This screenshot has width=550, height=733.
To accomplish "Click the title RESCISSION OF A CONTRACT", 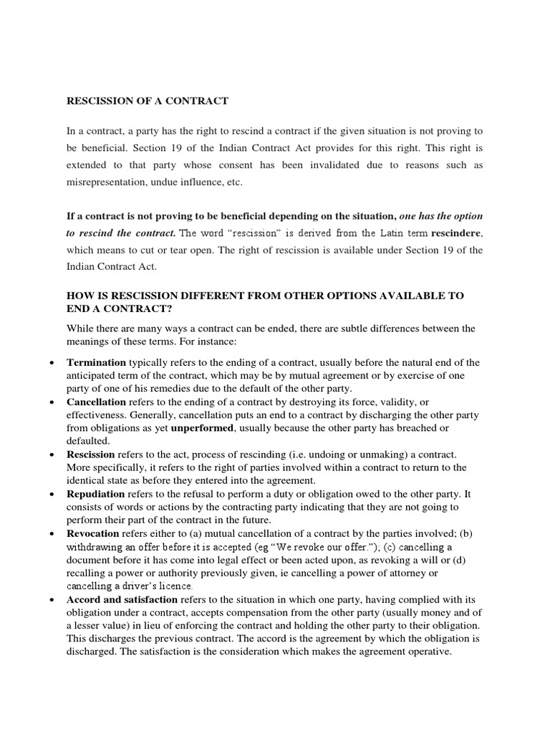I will click(x=147, y=101).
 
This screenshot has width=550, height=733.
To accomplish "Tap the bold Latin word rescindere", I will click(x=457, y=233).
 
